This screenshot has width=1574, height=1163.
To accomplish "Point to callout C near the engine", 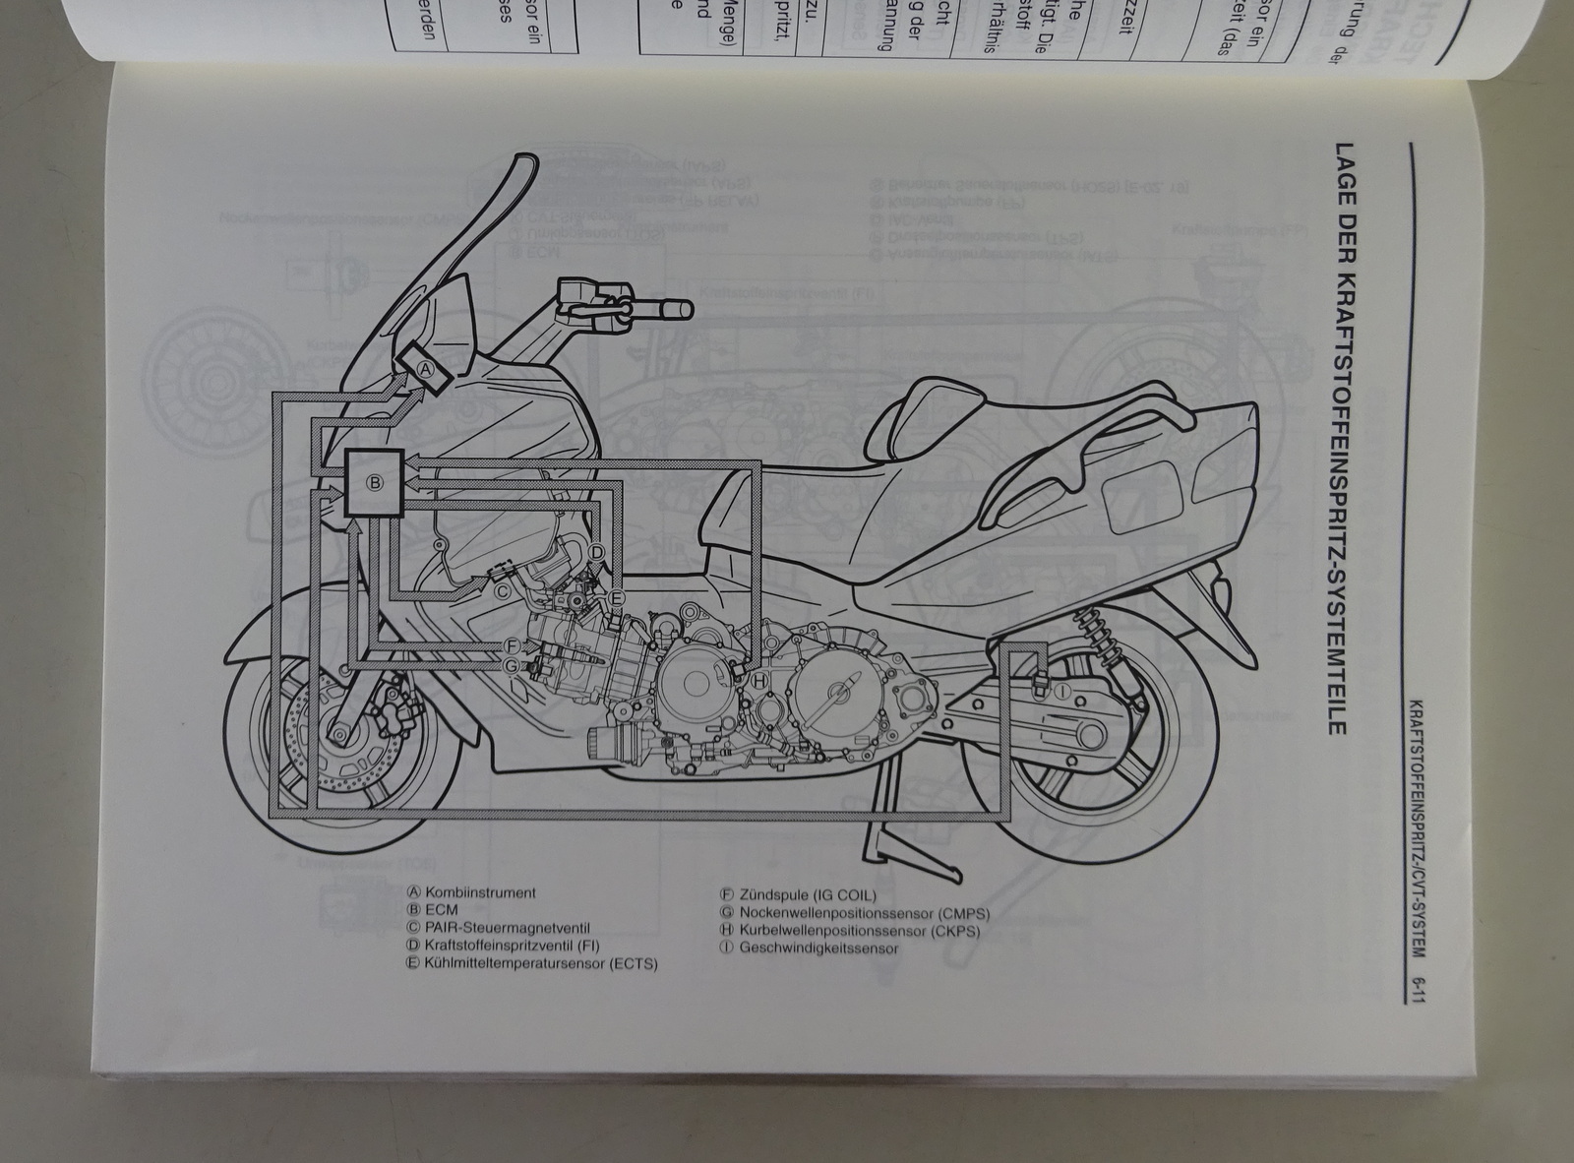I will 501,591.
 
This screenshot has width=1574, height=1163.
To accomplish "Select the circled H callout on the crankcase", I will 759,680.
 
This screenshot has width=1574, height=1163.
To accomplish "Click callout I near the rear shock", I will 1061,693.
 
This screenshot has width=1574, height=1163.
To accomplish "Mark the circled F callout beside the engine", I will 510,645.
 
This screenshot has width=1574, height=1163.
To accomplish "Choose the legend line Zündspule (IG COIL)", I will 806,894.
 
